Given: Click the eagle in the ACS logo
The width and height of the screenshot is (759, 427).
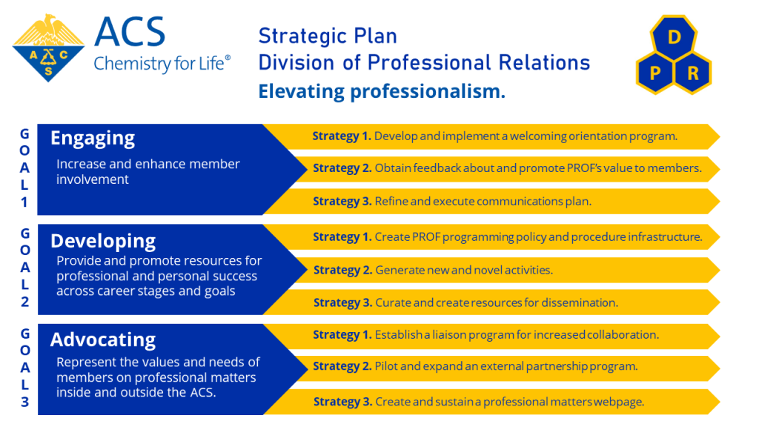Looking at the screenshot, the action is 48,30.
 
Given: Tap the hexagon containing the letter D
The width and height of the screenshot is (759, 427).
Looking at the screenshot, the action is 674,37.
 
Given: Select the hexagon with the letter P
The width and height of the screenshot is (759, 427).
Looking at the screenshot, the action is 655,73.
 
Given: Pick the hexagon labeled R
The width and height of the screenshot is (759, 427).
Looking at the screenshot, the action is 693,73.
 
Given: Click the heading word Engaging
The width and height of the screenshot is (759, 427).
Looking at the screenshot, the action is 93,139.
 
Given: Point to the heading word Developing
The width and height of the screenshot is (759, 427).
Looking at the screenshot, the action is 103,241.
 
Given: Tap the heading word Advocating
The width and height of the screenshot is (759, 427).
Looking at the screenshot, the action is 102,340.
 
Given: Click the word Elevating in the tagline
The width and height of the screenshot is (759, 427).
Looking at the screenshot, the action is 301,91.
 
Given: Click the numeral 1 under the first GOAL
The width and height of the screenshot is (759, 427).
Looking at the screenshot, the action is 24,202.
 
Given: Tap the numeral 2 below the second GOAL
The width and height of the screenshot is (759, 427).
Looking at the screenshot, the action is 24,302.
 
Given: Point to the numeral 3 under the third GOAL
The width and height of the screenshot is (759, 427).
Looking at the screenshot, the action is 24,402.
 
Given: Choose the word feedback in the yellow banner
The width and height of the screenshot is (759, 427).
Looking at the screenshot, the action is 437,168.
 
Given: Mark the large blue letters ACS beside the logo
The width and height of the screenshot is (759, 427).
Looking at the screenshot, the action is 130,33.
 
